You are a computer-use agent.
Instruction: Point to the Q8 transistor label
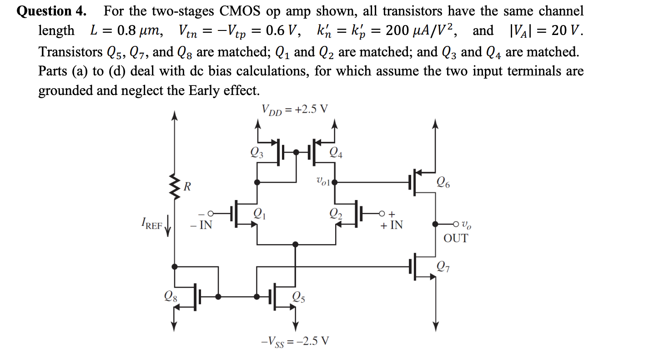pyautogui.click(x=172, y=296)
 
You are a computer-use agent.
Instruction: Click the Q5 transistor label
pyautogui.click(x=299, y=297)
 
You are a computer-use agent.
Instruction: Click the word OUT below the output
pyautogui.click(x=455, y=238)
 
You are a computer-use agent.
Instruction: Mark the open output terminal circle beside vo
pyautogui.click(x=456, y=224)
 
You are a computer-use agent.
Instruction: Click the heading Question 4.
pyautogui.click(x=51, y=11)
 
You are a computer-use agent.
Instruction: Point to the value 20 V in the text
pyautogui.click(x=565, y=31)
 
